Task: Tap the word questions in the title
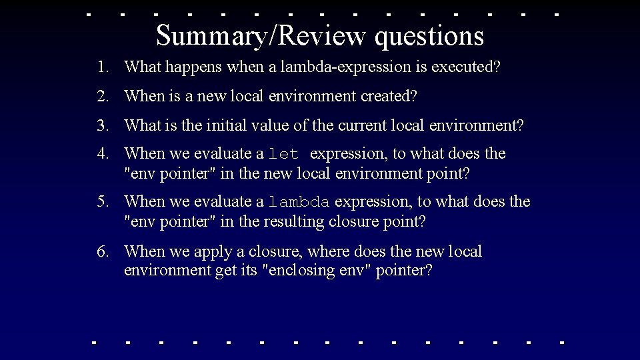pyautogui.click(x=429, y=37)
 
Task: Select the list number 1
pyautogui.click(x=101, y=67)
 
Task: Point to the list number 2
pyautogui.click(x=101, y=96)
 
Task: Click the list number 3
pyautogui.click(x=101, y=125)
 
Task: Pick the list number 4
pyautogui.click(x=101, y=153)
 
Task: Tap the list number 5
pyautogui.click(x=101, y=201)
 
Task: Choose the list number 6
pyautogui.click(x=101, y=251)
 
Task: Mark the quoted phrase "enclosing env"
pyautogui.click(x=317, y=271)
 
